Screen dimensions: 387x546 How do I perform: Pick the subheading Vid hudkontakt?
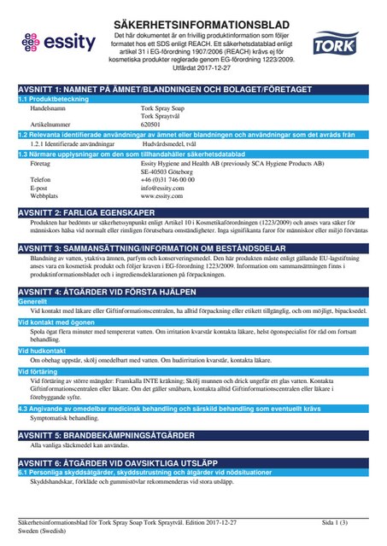pyautogui.click(x=42, y=351)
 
